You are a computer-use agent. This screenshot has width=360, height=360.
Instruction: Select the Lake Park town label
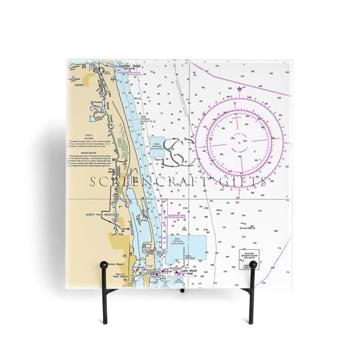[x=117, y=235]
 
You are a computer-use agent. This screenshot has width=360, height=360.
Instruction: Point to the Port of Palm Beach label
[x=120, y=275]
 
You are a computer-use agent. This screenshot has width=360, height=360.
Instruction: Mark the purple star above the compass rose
[x=239, y=89]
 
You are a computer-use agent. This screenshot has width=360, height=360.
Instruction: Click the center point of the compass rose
[x=239, y=141]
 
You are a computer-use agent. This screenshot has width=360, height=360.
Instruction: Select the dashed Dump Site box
[x=249, y=256]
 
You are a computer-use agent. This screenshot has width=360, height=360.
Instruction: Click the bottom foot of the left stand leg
[x=104, y=322]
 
